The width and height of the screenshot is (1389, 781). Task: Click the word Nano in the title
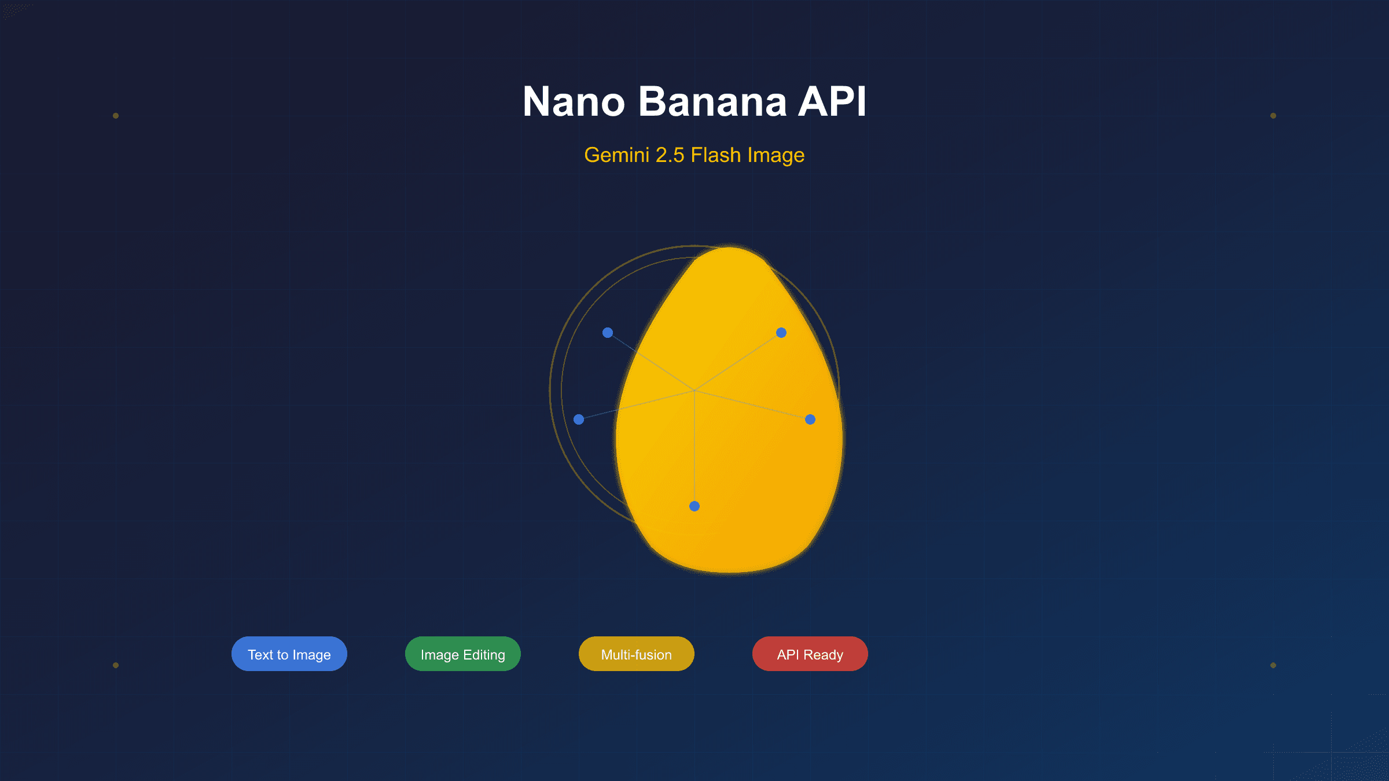pyautogui.click(x=574, y=102)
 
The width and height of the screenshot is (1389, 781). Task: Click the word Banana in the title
pyautogui.click(x=712, y=102)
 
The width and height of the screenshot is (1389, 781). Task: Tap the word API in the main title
pyautogui.click(x=832, y=102)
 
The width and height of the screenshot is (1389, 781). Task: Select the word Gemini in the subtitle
pyautogui.click(x=616, y=155)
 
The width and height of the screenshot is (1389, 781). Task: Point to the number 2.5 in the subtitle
pyautogui.click(x=670, y=155)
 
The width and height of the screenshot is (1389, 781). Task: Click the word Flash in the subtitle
pyautogui.click(x=716, y=155)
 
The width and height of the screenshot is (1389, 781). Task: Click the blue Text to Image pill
pyautogui.click(x=289, y=654)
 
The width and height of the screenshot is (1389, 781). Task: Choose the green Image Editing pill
pyautogui.click(x=463, y=654)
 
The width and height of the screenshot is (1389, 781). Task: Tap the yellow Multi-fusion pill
pyautogui.click(x=637, y=654)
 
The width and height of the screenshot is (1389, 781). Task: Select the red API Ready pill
pyautogui.click(x=810, y=654)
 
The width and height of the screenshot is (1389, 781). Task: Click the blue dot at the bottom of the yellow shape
pyautogui.click(x=694, y=506)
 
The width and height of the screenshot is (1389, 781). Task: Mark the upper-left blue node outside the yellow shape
pyautogui.click(x=608, y=333)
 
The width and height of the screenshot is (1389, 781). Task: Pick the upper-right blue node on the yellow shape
pyautogui.click(x=781, y=333)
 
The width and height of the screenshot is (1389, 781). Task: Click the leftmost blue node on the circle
pyautogui.click(x=579, y=419)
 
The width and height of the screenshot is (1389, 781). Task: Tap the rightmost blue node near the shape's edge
pyautogui.click(x=810, y=419)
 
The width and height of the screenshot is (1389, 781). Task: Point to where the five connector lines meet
pyautogui.click(x=694, y=390)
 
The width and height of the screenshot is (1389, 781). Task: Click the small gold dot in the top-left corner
pyautogui.click(x=116, y=116)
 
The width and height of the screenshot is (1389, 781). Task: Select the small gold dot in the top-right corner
pyautogui.click(x=1273, y=116)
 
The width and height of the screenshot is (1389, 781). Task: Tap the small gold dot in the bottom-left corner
pyautogui.click(x=116, y=665)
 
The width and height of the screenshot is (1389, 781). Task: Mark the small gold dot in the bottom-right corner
pyautogui.click(x=1273, y=665)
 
